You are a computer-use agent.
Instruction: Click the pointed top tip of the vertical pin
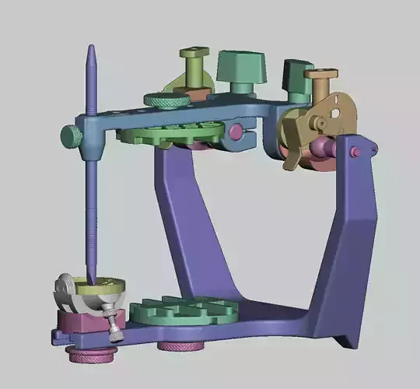click(90, 49)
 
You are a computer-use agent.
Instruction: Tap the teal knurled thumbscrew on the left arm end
click(71, 137)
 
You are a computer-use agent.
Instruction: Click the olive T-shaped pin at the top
click(194, 54)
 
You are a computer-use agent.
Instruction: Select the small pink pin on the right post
click(355, 152)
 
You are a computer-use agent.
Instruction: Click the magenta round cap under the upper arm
click(235, 131)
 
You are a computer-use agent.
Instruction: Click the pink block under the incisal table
click(76, 320)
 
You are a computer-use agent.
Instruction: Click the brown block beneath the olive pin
click(199, 92)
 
